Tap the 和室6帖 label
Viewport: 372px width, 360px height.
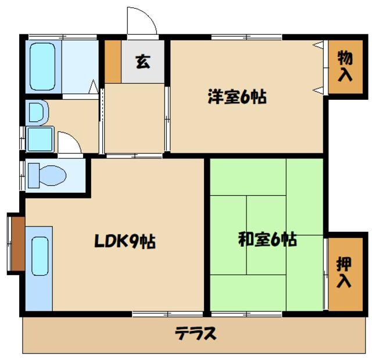(267, 239)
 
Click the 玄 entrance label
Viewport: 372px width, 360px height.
(143, 61)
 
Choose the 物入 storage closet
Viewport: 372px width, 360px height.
(345, 66)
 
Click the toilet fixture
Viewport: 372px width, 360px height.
(46, 173)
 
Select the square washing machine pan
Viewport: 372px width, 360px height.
(39, 139)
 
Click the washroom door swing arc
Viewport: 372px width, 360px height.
(69, 144)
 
